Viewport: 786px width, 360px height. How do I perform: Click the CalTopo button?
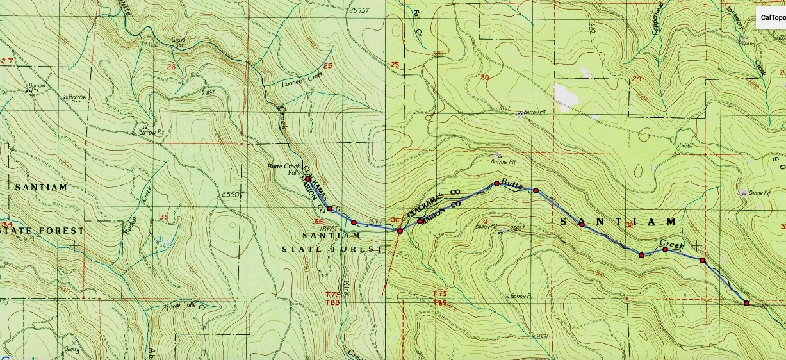(772, 18)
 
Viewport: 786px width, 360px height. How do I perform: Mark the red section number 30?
(484, 78)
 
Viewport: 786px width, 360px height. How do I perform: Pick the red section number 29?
(637, 79)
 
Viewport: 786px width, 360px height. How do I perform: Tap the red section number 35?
(163, 217)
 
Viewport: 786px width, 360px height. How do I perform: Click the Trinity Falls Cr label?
(184, 306)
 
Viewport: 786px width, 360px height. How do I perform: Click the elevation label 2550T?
(229, 194)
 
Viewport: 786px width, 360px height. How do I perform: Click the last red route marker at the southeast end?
(747, 303)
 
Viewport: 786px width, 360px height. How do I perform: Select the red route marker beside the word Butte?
(496, 184)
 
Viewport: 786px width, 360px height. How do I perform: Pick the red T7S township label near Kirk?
(332, 295)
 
